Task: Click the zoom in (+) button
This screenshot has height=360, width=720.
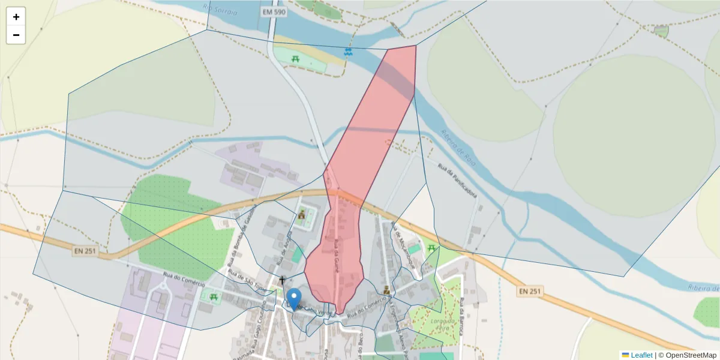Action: (x=16, y=17)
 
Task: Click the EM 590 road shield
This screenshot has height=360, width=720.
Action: (x=274, y=12)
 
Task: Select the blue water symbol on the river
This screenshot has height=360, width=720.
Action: (x=347, y=52)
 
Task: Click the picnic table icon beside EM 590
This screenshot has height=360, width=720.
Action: (x=296, y=59)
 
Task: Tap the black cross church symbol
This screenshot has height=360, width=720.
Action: (x=283, y=280)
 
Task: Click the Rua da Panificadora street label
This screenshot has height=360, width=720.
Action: (x=458, y=180)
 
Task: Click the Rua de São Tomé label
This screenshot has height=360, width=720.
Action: (x=244, y=278)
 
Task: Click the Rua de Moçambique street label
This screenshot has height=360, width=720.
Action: (x=403, y=246)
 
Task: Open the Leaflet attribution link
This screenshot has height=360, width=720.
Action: (x=641, y=355)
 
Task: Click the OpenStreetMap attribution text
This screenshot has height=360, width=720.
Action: (x=687, y=355)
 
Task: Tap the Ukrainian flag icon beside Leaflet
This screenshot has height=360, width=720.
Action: (x=625, y=355)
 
